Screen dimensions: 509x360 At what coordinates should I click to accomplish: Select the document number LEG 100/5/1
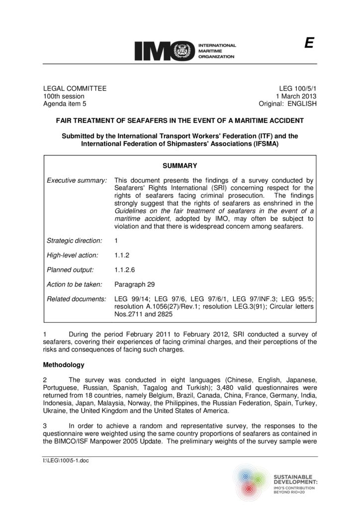coord(296,88)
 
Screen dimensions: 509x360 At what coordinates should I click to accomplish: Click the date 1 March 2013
coord(293,96)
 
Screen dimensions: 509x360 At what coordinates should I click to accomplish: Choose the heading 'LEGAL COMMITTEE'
coord(75,88)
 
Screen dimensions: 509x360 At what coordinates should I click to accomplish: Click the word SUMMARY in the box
coord(180,166)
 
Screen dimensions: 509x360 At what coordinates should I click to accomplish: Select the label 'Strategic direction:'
coord(75,241)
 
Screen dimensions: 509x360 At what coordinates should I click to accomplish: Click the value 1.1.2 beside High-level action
coord(123,255)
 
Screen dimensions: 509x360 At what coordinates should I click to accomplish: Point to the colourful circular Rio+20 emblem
coord(252,481)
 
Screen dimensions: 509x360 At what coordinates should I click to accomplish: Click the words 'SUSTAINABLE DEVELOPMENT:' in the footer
coord(295,479)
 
